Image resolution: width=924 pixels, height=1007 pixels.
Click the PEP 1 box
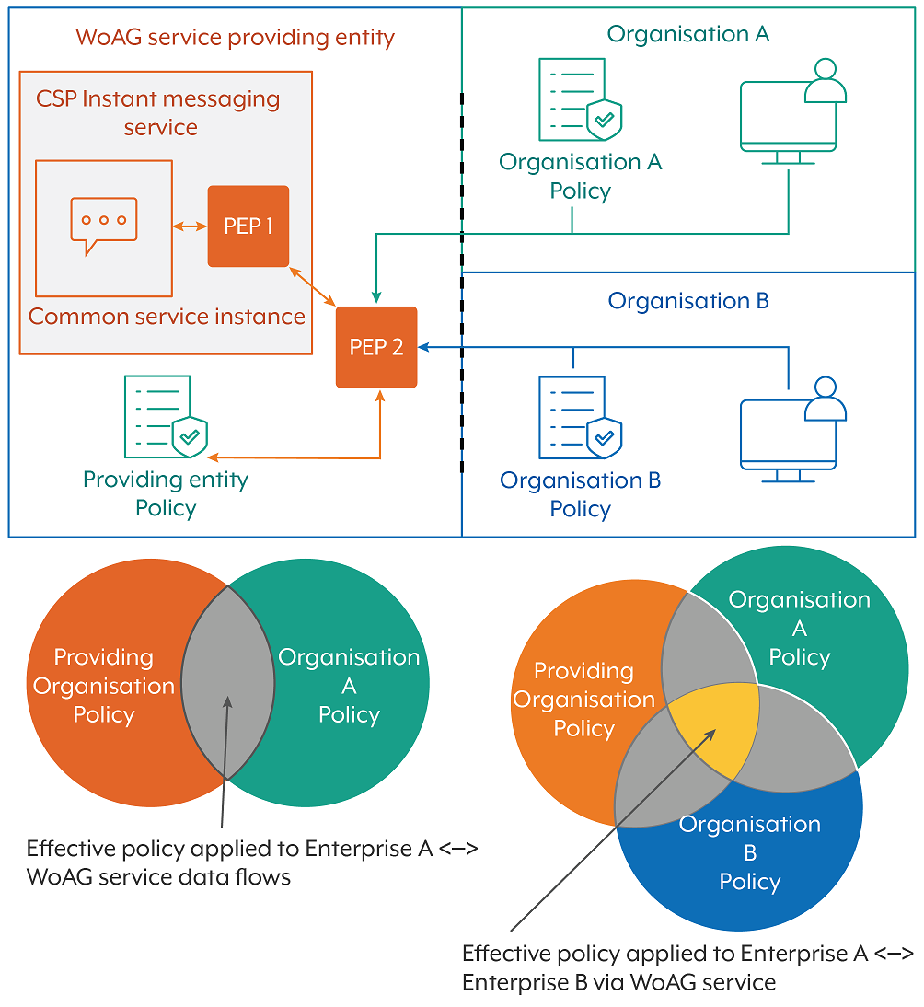click(x=248, y=226)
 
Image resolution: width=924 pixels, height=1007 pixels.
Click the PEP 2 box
click(x=376, y=347)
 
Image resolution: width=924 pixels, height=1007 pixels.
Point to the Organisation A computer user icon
click(x=793, y=112)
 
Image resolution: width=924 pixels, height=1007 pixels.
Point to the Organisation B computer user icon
click(x=793, y=430)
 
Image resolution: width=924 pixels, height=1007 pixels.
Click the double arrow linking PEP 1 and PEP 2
click(x=313, y=286)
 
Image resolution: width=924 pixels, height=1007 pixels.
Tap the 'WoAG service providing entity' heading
click(x=235, y=38)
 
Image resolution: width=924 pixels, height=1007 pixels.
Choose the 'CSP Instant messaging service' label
click(x=158, y=112)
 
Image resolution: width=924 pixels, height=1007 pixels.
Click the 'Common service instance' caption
click(x=167, y=317)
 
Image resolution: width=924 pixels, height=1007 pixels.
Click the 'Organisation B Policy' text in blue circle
click(x=750, y=852)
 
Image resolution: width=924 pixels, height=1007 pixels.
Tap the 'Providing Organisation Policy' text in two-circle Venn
click(x=104, y=686)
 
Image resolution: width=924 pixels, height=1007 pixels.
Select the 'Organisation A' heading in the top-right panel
click(x=688, y=34)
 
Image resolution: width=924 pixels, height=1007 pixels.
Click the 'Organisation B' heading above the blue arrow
click(x=688, y=301)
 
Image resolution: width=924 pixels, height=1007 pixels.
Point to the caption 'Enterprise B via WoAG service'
click(x=618, y=982)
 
